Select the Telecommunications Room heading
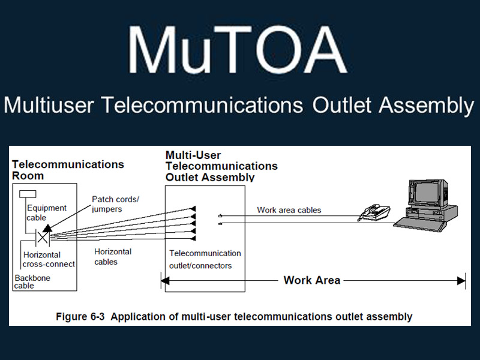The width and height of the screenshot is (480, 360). [x=67, y=170]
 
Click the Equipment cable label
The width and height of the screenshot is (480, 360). [x=46, y=213]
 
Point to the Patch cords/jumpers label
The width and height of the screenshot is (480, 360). [x=115, y=203]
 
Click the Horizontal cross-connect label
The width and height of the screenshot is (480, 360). [x=49, y=259]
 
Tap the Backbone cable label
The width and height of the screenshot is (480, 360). [x=32, y=281]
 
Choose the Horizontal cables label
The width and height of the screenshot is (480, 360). [x=113, y=257]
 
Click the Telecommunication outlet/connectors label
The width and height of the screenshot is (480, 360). [x=205, y=259]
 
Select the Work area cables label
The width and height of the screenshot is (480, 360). [x=289, y=210]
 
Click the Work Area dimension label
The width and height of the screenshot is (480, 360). [x=311, y=280]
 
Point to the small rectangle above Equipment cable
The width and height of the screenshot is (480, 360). [x=28, y=194]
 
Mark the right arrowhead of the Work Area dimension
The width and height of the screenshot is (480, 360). [x=461, y=280]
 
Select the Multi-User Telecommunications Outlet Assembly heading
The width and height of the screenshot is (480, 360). [x=221, y=166]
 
